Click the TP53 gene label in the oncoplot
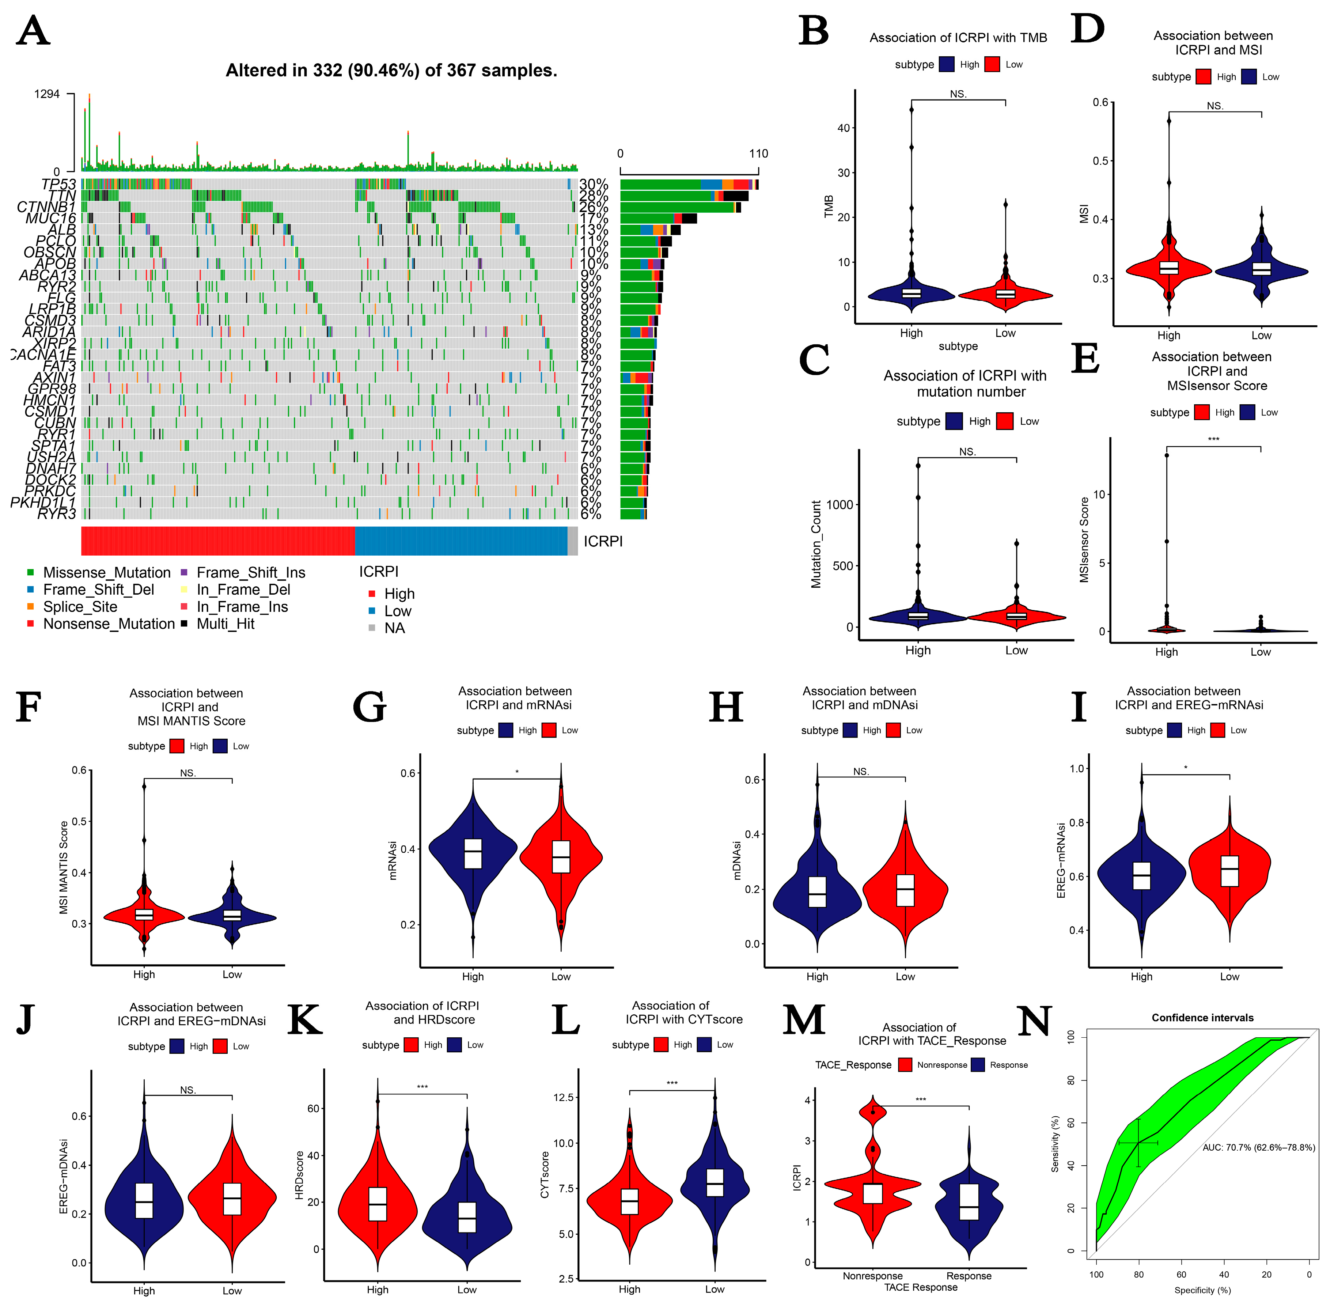[58, 184]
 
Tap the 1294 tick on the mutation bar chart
[47, 94]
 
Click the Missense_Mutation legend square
[30, 572]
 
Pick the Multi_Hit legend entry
[225, 624]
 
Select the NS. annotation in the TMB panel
[958, 94]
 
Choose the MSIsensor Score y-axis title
[1084, 540]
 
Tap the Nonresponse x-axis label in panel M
[872, 1276]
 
